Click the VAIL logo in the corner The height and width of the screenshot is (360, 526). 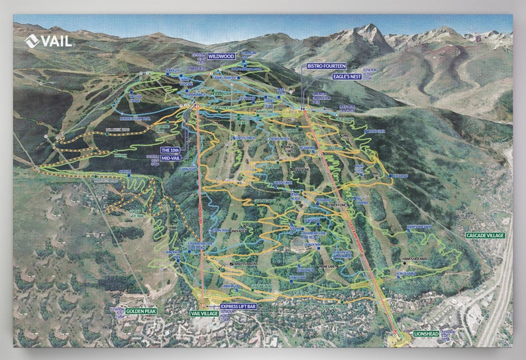tap(50, 41)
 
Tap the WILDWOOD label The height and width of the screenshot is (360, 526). tap(221, 57)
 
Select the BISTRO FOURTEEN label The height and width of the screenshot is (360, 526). tap(326, 66)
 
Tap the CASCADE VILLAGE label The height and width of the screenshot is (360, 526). tap(485, 235)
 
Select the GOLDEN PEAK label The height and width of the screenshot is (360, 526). tap(140, 310)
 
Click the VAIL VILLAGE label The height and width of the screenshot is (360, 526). tap(204, 312)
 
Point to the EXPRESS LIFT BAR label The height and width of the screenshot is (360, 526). tap(238, 306)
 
